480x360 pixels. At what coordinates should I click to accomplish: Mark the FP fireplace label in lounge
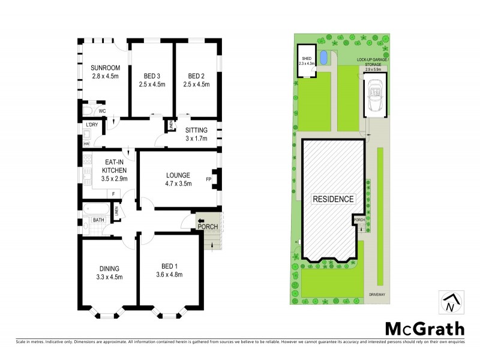(208, 179)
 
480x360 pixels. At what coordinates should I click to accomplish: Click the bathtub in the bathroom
(96, 211)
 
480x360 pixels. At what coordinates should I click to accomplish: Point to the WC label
(102, 111)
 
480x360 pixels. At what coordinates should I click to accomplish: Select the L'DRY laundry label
(92, 124)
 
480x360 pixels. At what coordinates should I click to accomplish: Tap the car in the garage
(376, 95)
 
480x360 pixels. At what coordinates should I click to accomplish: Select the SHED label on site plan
(307, 58)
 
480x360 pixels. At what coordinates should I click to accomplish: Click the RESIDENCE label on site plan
(333, 199)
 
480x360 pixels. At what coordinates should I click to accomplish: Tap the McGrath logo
(424, 328)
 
